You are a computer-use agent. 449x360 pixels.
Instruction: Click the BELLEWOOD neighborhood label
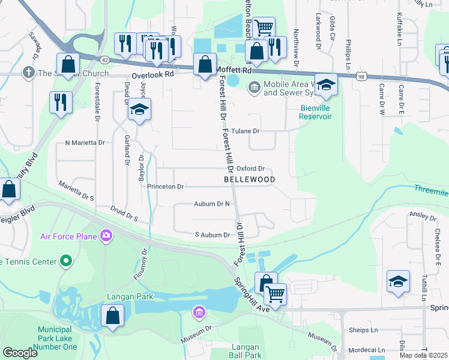pyautogui.click(x=250, y=179)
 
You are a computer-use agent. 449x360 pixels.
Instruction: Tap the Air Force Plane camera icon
pyautogui.click(x=106, y=235)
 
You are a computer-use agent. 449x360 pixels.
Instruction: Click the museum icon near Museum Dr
pyautogui.click(x=199, y=312)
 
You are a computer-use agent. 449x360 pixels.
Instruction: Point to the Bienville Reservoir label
pyautogui.click(x=324, y=112)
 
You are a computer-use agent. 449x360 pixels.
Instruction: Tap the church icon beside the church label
pyautogui.click(x=28, y=74)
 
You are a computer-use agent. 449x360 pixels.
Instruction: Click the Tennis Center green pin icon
pyautogui.click(x=66, y=261)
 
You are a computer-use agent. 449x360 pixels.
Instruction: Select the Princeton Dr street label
pyautogui.click(x=166, y=187)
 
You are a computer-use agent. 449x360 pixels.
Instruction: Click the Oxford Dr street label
pyautogui.click(x=250, y=169)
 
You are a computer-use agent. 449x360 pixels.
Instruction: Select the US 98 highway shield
pyautogui.click(x=360, y=76)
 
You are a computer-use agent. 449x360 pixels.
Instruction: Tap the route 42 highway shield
pyautogui.click(x=105, y=59)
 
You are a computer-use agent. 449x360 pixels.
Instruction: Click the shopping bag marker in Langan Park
pyautogui.click(x=112, y=315)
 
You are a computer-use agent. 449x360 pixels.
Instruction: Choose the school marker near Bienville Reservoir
pyautogui.click(x=326, y=85)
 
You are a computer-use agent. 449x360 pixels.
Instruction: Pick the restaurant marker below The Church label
pyautogui.click(x=61, y=102)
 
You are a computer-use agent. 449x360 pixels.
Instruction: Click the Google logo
pyautogui.click(x=20, y=352)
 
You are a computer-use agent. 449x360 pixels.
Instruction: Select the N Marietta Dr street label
pyautogui.click(x=85, y=143)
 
